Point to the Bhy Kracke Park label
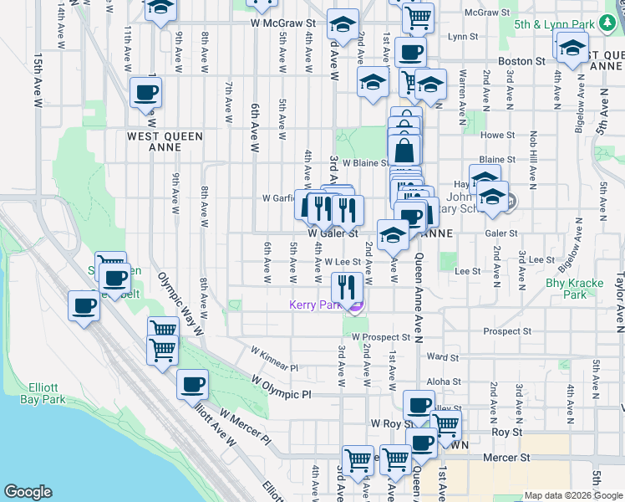point(574,289)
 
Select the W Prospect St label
point(381,337)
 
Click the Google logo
point(28,492)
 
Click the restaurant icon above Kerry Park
point(345,287)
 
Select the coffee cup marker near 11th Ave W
point(145,92)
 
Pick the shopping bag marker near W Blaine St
point(404,151)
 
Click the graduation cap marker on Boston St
point(572,48)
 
